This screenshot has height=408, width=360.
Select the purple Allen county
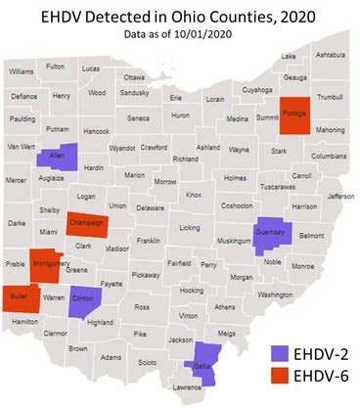[x=52, y=159]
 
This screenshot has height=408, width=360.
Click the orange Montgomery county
[x=48, y=268]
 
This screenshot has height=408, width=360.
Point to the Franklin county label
[x=149, y=240]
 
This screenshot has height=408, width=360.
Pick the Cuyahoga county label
[x=257, y=89]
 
